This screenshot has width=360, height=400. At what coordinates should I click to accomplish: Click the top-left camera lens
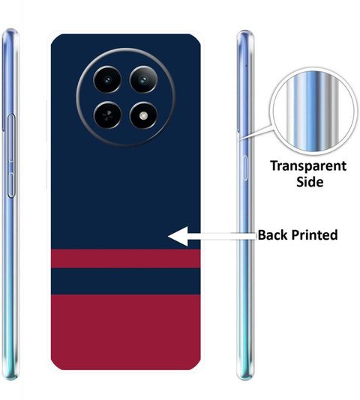point(107,80)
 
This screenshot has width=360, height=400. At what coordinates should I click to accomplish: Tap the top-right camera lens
point(143,80)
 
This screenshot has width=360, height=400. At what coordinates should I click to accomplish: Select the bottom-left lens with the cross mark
point(107,115)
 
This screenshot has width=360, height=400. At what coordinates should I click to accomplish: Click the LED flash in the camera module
point(143,116)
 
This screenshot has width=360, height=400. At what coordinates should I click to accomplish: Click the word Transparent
point(308,166)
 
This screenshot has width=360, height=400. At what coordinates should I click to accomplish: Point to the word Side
point(310,182)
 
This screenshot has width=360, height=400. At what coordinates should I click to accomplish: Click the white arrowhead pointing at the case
point(178,236)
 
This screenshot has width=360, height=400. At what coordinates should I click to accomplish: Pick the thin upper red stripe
point(125,258)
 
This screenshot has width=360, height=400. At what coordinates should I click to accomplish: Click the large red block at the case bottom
point(125,332)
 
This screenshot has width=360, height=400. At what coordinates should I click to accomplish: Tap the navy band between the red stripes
point(125,281)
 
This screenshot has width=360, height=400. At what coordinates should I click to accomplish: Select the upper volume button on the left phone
point(11,138)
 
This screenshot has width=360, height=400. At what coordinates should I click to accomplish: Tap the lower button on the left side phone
point(11,185)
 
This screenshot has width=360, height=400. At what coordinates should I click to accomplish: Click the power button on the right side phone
point(244,168)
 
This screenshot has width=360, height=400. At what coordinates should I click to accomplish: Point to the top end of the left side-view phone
point(10,30)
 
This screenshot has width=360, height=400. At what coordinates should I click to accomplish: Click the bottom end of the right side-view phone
point(245,378)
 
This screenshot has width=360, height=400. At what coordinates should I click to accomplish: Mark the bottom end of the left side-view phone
point(10,378)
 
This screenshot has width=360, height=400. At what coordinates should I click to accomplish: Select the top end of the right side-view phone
point(245,31)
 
